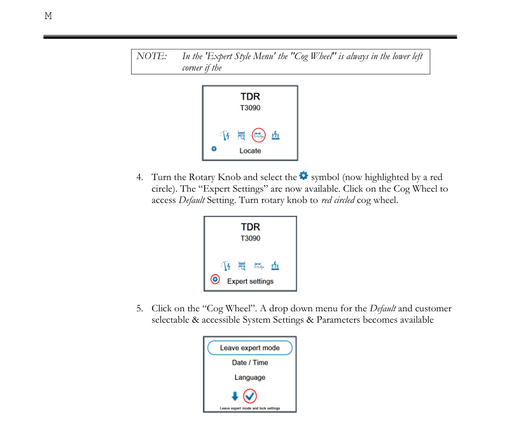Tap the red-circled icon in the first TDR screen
(x=258, y=134)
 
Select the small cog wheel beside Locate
(x=214, y=149)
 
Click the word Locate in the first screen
(x=250, y=151)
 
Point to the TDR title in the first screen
(x=250, y=97)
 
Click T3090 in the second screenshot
(x=250, y=239)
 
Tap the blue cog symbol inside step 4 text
(x=303, y=175)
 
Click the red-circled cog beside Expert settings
(x=215, y=279)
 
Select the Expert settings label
(x=250, y=281)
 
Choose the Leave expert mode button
(x=250, y=348)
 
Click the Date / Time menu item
(x=250, y=363)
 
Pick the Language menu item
(x=250, y=378)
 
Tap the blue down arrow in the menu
(x=235, y=396)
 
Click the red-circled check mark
(x=251, y=396)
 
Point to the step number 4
(x=139, y=176)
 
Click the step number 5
(x=139, y=309)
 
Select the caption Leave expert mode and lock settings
(x=250, y=408)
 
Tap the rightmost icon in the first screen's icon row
(x=275, y=135)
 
